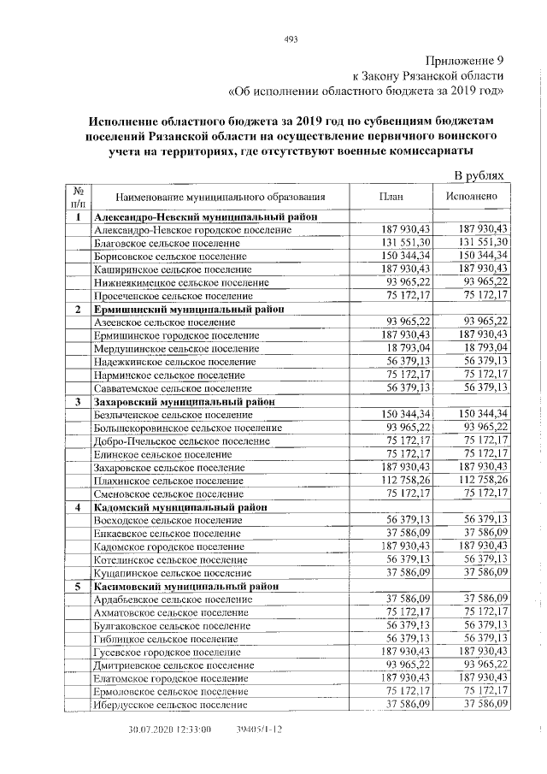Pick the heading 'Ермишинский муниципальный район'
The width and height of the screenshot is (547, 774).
(190, 309)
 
